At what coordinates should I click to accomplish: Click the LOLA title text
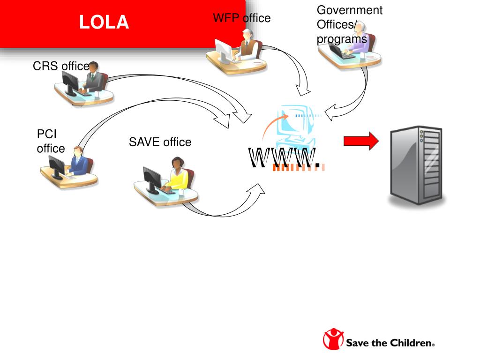click(104, 22)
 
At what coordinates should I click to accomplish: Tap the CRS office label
click(60, 66)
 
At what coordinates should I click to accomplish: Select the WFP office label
click(241, 18)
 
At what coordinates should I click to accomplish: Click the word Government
click(349, 10)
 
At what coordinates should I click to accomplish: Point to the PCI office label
click(51, 141)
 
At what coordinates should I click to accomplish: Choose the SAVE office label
click(160, 142)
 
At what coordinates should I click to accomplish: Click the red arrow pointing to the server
click(361, 141)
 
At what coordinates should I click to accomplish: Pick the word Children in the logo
click(411, 343)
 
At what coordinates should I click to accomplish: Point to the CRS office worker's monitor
click(70, 84)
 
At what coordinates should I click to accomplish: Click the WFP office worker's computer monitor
click(223, 50)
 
